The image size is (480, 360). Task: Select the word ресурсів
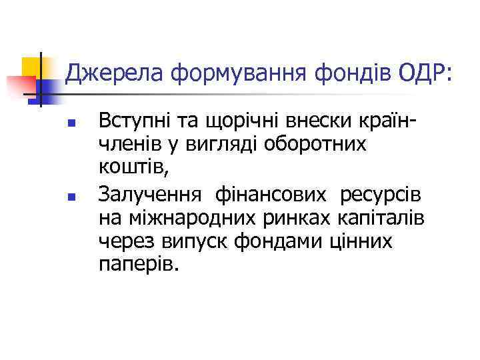pos(381,195)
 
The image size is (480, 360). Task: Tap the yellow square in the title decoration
pos(33,67)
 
